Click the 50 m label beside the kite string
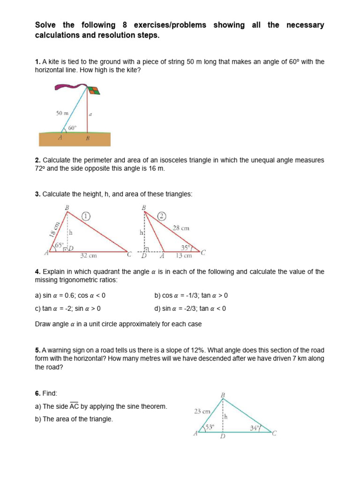pyautogui.click(x=62, y=113)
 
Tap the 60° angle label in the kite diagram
pyautogui.click(x=72, y=127)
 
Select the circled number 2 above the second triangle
pyautogui.click(x=162, y=216)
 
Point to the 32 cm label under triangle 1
pyautogui.click(x=89, y=255)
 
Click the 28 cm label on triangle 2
pyautogui.click(x=181, y=228)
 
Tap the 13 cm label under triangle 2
pyautogui.click(x=184, y=255)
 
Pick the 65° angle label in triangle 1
pyautogui.click(x=59, y=245)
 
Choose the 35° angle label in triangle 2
pyautogui.click(x=186, y=247)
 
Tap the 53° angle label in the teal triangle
pyautogui.click(x=209, y=427)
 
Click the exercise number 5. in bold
pyautogui.click(x=38, y=350)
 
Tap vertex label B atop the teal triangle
pyautogui.click(x=223, y=395)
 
